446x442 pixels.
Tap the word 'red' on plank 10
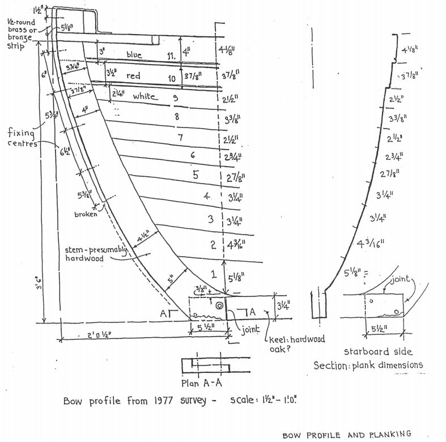coord(133,76)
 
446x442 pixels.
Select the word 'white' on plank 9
coord(145,97)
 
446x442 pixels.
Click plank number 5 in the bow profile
coord(196,175)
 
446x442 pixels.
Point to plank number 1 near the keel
coord(214,274)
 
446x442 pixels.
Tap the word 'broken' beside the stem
coord(86,215)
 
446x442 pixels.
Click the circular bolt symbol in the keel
coord(218,305)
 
